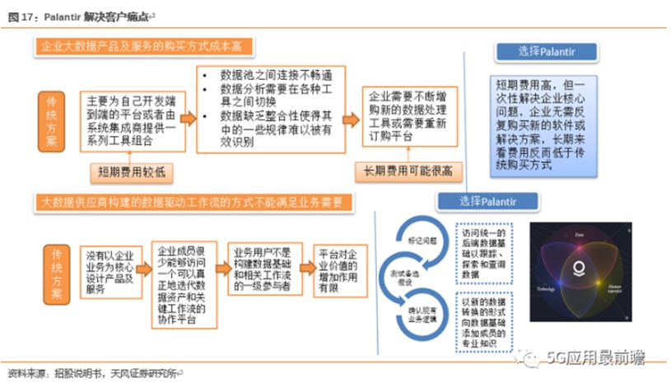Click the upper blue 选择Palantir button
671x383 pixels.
coord(539,52)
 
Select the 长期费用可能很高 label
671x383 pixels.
coord(409,171)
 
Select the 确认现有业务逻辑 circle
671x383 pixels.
coord(420,314)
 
